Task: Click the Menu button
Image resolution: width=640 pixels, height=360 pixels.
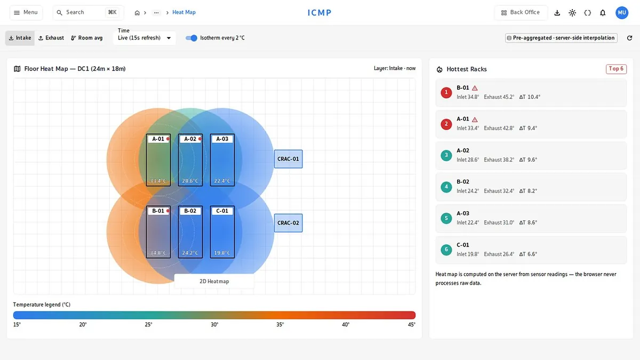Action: click(x=26, y=13)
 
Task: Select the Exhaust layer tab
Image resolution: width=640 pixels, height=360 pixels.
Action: click(x=51, y=38)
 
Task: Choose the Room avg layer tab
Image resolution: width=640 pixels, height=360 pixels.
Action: click(x=87, y=38)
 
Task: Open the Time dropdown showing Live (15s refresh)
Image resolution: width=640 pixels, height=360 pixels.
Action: click(x=145, y=38)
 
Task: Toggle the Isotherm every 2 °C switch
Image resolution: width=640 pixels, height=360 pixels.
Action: click(x=191, y=38)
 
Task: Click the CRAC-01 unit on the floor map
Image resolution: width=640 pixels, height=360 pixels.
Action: click(x=289, y=159)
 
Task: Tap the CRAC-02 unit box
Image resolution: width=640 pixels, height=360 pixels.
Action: click(x=289, y=223)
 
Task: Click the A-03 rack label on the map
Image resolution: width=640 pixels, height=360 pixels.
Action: click(x=222, y=139)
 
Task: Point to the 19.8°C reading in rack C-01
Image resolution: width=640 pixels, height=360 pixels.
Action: click(x=222, y=253)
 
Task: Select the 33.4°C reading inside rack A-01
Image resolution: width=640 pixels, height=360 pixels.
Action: click(x=158, y=181)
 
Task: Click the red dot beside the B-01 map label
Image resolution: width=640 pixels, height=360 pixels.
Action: click(x=168, y=211)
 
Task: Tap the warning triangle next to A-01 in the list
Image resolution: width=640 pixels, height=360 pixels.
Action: click(x=475, y=119)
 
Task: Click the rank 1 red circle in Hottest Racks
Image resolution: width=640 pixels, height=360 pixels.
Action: click(x=446, y=93)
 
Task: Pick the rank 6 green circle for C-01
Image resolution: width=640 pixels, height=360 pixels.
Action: click(x=446, y=250)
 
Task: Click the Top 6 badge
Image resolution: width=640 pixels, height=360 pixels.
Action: click(x=617, y=69)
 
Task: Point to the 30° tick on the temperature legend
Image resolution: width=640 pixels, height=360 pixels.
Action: click(x=214, y=325)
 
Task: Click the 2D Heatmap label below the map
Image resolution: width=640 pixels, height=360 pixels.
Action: click(x=214, y=282)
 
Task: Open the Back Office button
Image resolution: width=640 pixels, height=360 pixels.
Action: click(x=521, y=13)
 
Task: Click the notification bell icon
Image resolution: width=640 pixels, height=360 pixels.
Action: click(x=603, y=13)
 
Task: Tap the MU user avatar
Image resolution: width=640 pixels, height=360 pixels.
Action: click(x=622, y=13)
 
